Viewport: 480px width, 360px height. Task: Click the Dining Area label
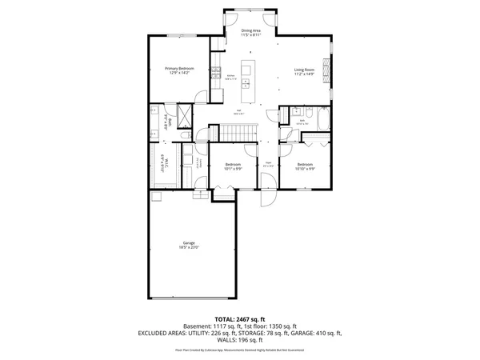point(251,30)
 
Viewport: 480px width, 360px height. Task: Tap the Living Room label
point(304,70)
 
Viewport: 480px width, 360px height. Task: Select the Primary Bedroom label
point(179,69)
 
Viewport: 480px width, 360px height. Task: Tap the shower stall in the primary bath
point(185,117)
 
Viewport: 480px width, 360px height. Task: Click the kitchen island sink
point(246,82)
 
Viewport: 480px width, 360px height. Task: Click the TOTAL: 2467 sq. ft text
point(240,318)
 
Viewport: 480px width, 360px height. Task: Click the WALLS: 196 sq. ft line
point(240,340)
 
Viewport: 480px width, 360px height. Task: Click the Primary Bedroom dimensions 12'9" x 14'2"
point(179,73)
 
